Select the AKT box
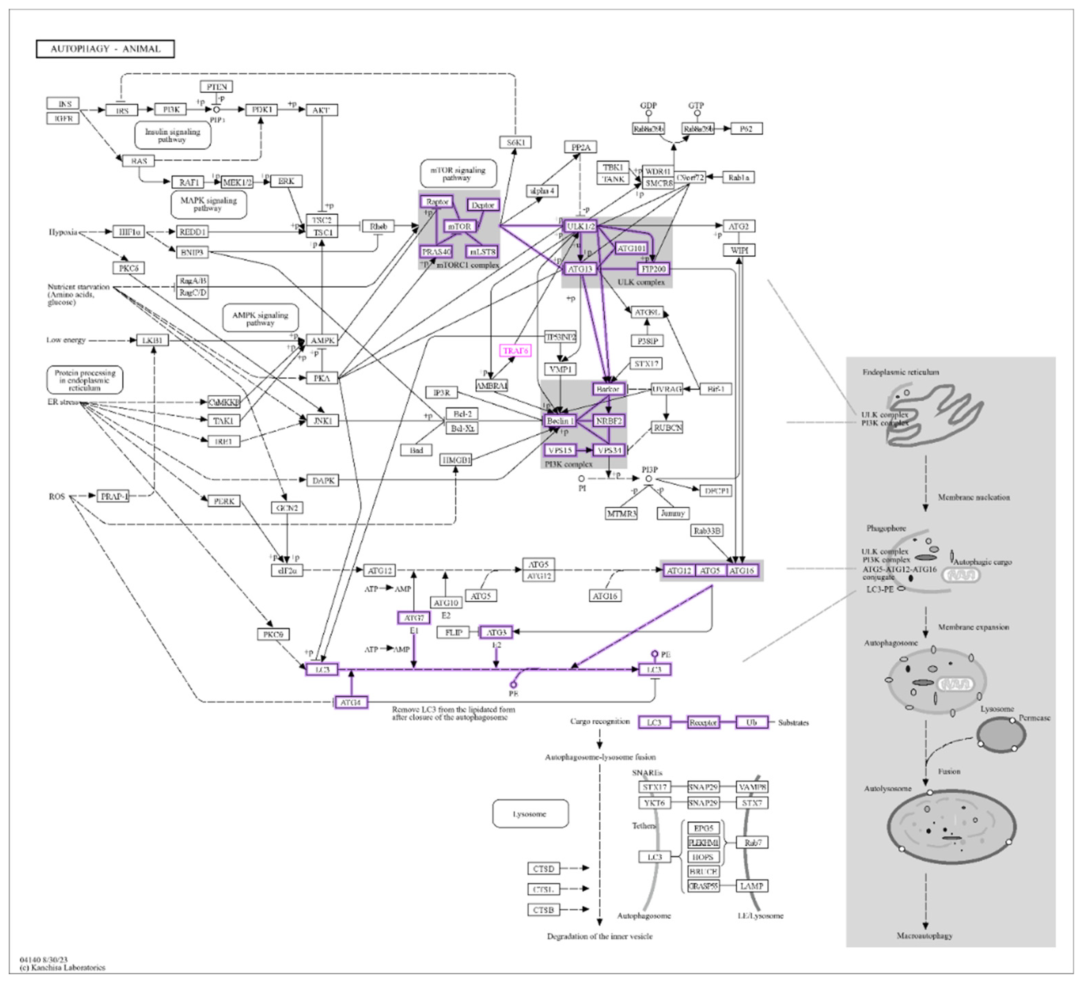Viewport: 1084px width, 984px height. [321, 110]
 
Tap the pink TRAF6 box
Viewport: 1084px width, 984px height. [515, 351]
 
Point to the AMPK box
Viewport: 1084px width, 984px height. [322, 340]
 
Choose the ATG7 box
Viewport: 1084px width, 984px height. [414, 618]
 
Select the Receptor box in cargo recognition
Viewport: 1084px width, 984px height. [703, 723]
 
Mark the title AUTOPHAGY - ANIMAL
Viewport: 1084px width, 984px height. [105, 49]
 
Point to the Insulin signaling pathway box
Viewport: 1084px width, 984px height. [172, 135]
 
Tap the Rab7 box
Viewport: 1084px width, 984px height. [752, 843]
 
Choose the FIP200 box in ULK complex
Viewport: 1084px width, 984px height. [653, 269]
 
